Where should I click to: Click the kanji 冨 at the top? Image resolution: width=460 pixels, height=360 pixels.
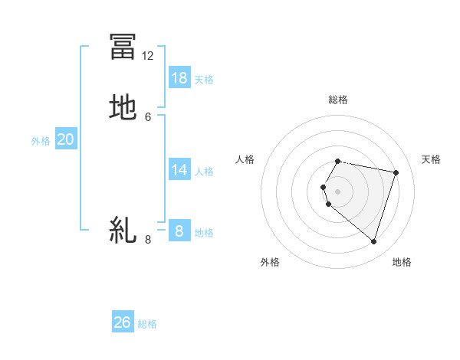pos(123,46)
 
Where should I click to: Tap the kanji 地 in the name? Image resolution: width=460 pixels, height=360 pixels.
pos(123,107)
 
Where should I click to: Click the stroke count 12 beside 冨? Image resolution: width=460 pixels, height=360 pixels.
pos(148,56)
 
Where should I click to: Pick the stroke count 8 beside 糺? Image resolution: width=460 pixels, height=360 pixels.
pos(148,240)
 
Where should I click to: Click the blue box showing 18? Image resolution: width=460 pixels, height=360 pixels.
pos(179,77)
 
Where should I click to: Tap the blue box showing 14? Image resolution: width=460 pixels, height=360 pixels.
pos(179,170)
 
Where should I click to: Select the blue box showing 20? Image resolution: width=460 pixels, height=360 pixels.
pos(66,139)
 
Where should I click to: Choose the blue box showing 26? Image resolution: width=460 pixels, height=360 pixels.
pos(123,322)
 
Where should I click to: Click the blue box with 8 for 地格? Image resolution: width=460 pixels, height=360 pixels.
pos(179,231)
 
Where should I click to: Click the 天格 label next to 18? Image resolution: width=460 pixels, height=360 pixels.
pos(204,79)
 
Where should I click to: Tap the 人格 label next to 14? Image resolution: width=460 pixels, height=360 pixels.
pos(204,172)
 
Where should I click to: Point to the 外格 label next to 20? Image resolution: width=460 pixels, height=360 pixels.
pos(41,141)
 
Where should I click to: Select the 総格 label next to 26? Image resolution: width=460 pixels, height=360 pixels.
pos(147,324)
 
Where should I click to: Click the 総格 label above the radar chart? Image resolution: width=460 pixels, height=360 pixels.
pos(338,100)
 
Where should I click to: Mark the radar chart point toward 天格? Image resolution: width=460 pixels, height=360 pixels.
pos(396,173)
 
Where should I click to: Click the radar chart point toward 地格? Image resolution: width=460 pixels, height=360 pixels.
pos(373,242)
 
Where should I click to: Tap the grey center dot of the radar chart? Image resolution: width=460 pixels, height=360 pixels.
pos(338,191)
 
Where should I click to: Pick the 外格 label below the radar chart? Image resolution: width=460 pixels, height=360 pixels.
pos(270,262)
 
